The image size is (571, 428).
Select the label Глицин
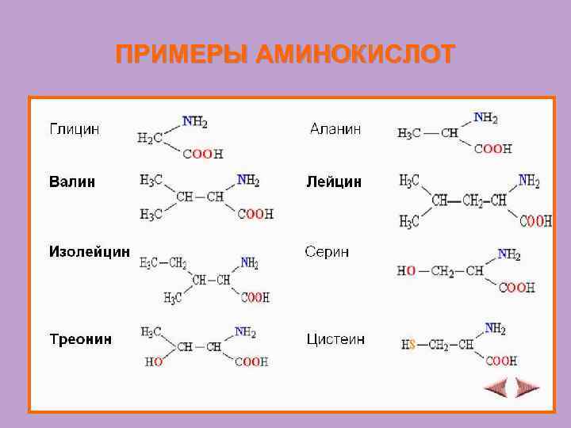tap(75, 129)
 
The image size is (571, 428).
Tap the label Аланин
tap(335, 128)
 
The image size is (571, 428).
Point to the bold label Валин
tap(72, 182)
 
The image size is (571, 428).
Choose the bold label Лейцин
tap(334, 182)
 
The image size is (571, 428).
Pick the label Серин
tap(327, 252)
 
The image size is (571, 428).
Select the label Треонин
tap(80, 339)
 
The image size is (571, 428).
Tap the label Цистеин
tap(335, 339)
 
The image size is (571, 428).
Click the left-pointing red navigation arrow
tap(496, 388)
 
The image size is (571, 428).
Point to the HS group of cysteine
tap(408, 345)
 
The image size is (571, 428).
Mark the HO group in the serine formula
tap(406, 271)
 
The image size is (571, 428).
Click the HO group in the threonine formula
tap(154, 361)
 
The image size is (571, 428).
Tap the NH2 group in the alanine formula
tap(485, 118)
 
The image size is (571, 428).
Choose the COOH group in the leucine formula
tap(535, 221)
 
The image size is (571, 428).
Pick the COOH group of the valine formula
tap(255, 213)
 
